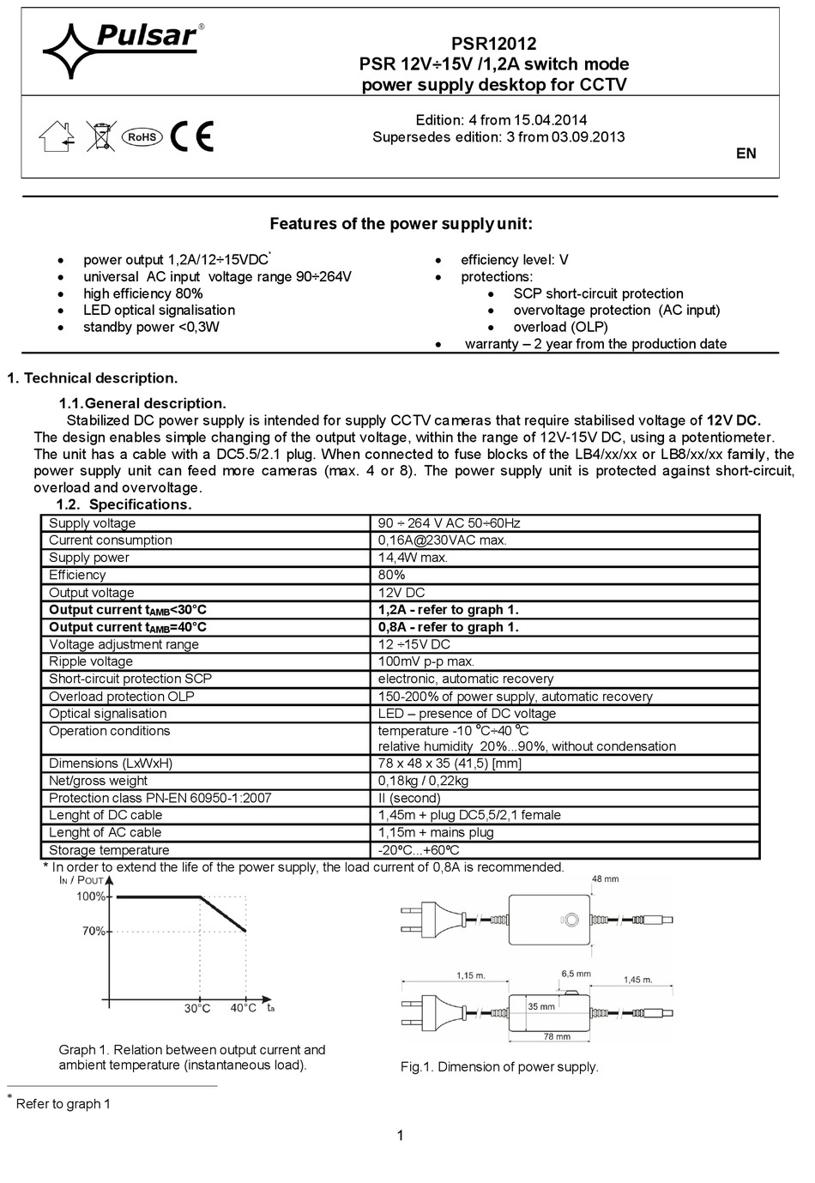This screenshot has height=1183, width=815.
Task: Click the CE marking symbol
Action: [x=191, y=136]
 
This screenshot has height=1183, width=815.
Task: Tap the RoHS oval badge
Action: [x=142, y=136]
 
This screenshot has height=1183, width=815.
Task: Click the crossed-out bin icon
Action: [x=100, y=136]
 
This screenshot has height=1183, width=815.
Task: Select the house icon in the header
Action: [x=57, y=136]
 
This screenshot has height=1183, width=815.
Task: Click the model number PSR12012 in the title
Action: [x=493, y=44]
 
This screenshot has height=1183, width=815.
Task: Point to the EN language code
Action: [x=746, y=154]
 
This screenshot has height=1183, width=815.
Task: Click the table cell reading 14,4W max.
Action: [x=413, y=558]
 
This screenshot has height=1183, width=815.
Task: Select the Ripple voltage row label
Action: [x=91, y=661]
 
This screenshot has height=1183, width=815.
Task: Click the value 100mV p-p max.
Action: [x=426, y=661]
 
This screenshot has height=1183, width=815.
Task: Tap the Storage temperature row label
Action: [x=109, y=850]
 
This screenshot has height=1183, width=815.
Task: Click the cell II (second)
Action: [x=409, y=798]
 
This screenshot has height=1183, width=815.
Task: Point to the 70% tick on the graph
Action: [x=94, y=931]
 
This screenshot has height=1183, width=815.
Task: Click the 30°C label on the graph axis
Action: [x=197, y=1008]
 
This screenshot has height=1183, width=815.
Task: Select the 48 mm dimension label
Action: [x=605, y=879]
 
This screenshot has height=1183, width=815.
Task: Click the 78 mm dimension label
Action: [x=557, y=1037]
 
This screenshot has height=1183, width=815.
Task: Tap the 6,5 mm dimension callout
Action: [x=576, y=974]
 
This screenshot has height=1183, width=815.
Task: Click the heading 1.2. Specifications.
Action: [x=124, y=504]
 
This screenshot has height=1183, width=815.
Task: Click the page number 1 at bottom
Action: [x=400, y=1136]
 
